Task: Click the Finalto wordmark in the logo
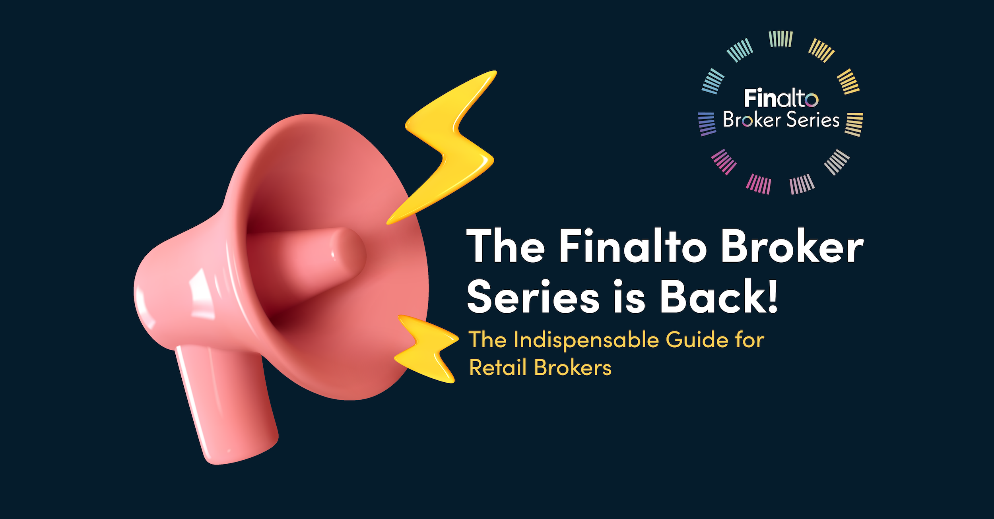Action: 781,98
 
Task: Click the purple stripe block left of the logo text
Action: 707,124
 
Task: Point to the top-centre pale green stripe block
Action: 781,39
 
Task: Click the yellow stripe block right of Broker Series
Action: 854,124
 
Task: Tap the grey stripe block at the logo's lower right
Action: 837,162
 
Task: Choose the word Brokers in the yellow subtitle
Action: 573,368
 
